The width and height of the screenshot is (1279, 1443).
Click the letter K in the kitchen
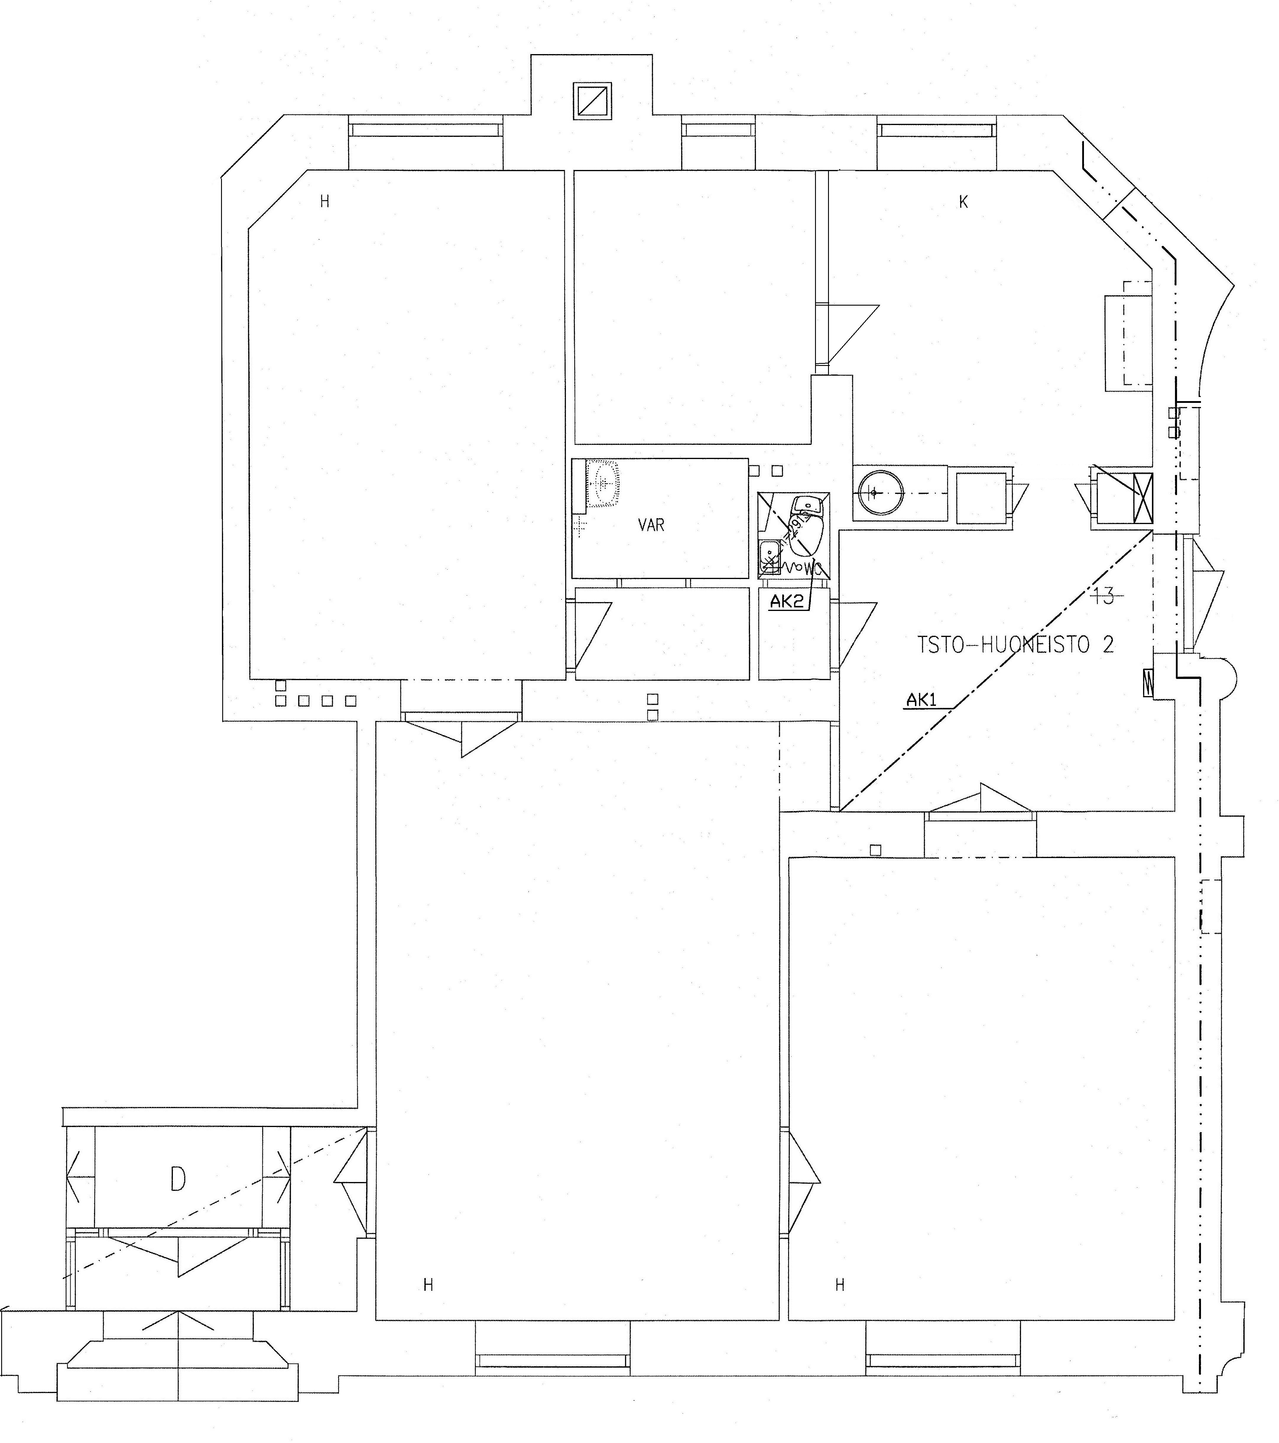pos(963,202)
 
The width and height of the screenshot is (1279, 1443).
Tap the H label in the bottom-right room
pos(840,1285)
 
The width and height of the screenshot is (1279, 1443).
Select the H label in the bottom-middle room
pos(428,1285)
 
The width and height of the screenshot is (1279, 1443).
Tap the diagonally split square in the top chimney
pos(592,101)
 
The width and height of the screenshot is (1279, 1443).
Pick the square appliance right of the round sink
pos(981,498)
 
